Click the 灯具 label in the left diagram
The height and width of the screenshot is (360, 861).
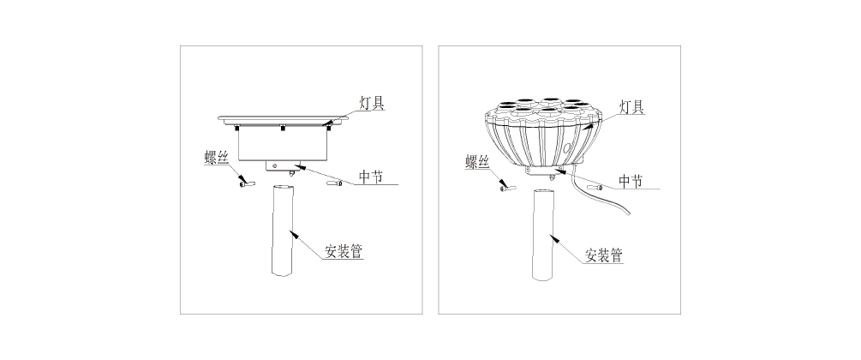pyautogui.click(x=372, y=104)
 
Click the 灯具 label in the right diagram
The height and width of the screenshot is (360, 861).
pyautogui.click(x=631, y=106)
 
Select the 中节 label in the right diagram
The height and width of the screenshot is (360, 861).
pyautogui.click(x=631, y=182)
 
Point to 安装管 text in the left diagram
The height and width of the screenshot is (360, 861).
pyautogui.click(x=344, y=251)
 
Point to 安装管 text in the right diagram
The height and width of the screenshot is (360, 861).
pyautogui.click(x=604, y=255)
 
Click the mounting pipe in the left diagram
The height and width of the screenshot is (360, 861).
pyautogui.click(x=283, y=231)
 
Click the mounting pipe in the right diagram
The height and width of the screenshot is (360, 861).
pyautogui.click(x=544, y=235)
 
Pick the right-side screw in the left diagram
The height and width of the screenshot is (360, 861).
pyautogui.click(x=334, y=183)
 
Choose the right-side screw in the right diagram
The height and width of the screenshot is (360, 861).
pyautogui.click(x=595, y=188)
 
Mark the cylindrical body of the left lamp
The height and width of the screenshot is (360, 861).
pyautogui.click(x=284, y=144)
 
